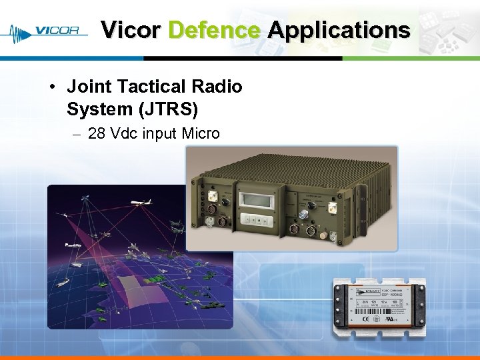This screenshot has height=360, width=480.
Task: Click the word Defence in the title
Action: [214, 30]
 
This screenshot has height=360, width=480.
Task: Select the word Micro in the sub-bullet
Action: [200, 133]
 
